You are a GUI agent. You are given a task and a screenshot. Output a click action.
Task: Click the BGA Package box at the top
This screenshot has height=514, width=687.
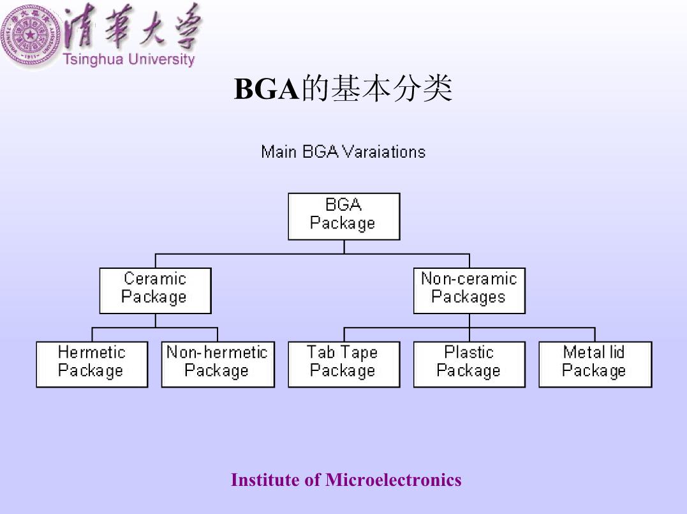344,216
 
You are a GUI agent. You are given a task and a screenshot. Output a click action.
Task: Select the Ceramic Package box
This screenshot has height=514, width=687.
156,291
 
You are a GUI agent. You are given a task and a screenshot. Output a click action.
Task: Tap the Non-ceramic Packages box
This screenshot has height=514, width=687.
469,291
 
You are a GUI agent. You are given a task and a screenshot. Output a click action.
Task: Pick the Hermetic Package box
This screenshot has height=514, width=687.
92,364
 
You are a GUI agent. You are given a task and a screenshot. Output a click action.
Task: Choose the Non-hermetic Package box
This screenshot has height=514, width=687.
218,364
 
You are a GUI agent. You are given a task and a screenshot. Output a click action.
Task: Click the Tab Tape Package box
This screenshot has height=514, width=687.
344,364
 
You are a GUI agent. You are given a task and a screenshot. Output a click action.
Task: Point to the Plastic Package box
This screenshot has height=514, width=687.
469,364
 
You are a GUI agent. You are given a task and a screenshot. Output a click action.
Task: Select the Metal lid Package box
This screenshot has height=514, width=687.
595,364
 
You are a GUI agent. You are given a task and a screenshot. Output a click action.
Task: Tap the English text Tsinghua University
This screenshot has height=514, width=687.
128,59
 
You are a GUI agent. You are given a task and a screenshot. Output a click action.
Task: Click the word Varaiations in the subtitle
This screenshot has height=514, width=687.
384,152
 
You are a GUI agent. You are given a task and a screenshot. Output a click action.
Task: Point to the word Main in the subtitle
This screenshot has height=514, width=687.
279,152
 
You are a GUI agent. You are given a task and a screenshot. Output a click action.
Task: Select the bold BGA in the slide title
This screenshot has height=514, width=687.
267,89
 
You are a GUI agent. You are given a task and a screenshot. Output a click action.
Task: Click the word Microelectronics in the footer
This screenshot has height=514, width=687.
393,480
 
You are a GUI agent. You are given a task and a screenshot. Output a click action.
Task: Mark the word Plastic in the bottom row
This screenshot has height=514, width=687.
469,352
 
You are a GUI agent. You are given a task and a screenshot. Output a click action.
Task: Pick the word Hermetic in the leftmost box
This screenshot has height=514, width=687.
92,352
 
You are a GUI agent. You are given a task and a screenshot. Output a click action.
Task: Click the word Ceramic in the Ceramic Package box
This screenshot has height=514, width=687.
155,278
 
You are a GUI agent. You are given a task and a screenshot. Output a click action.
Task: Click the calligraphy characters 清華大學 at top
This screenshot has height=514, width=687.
132,26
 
